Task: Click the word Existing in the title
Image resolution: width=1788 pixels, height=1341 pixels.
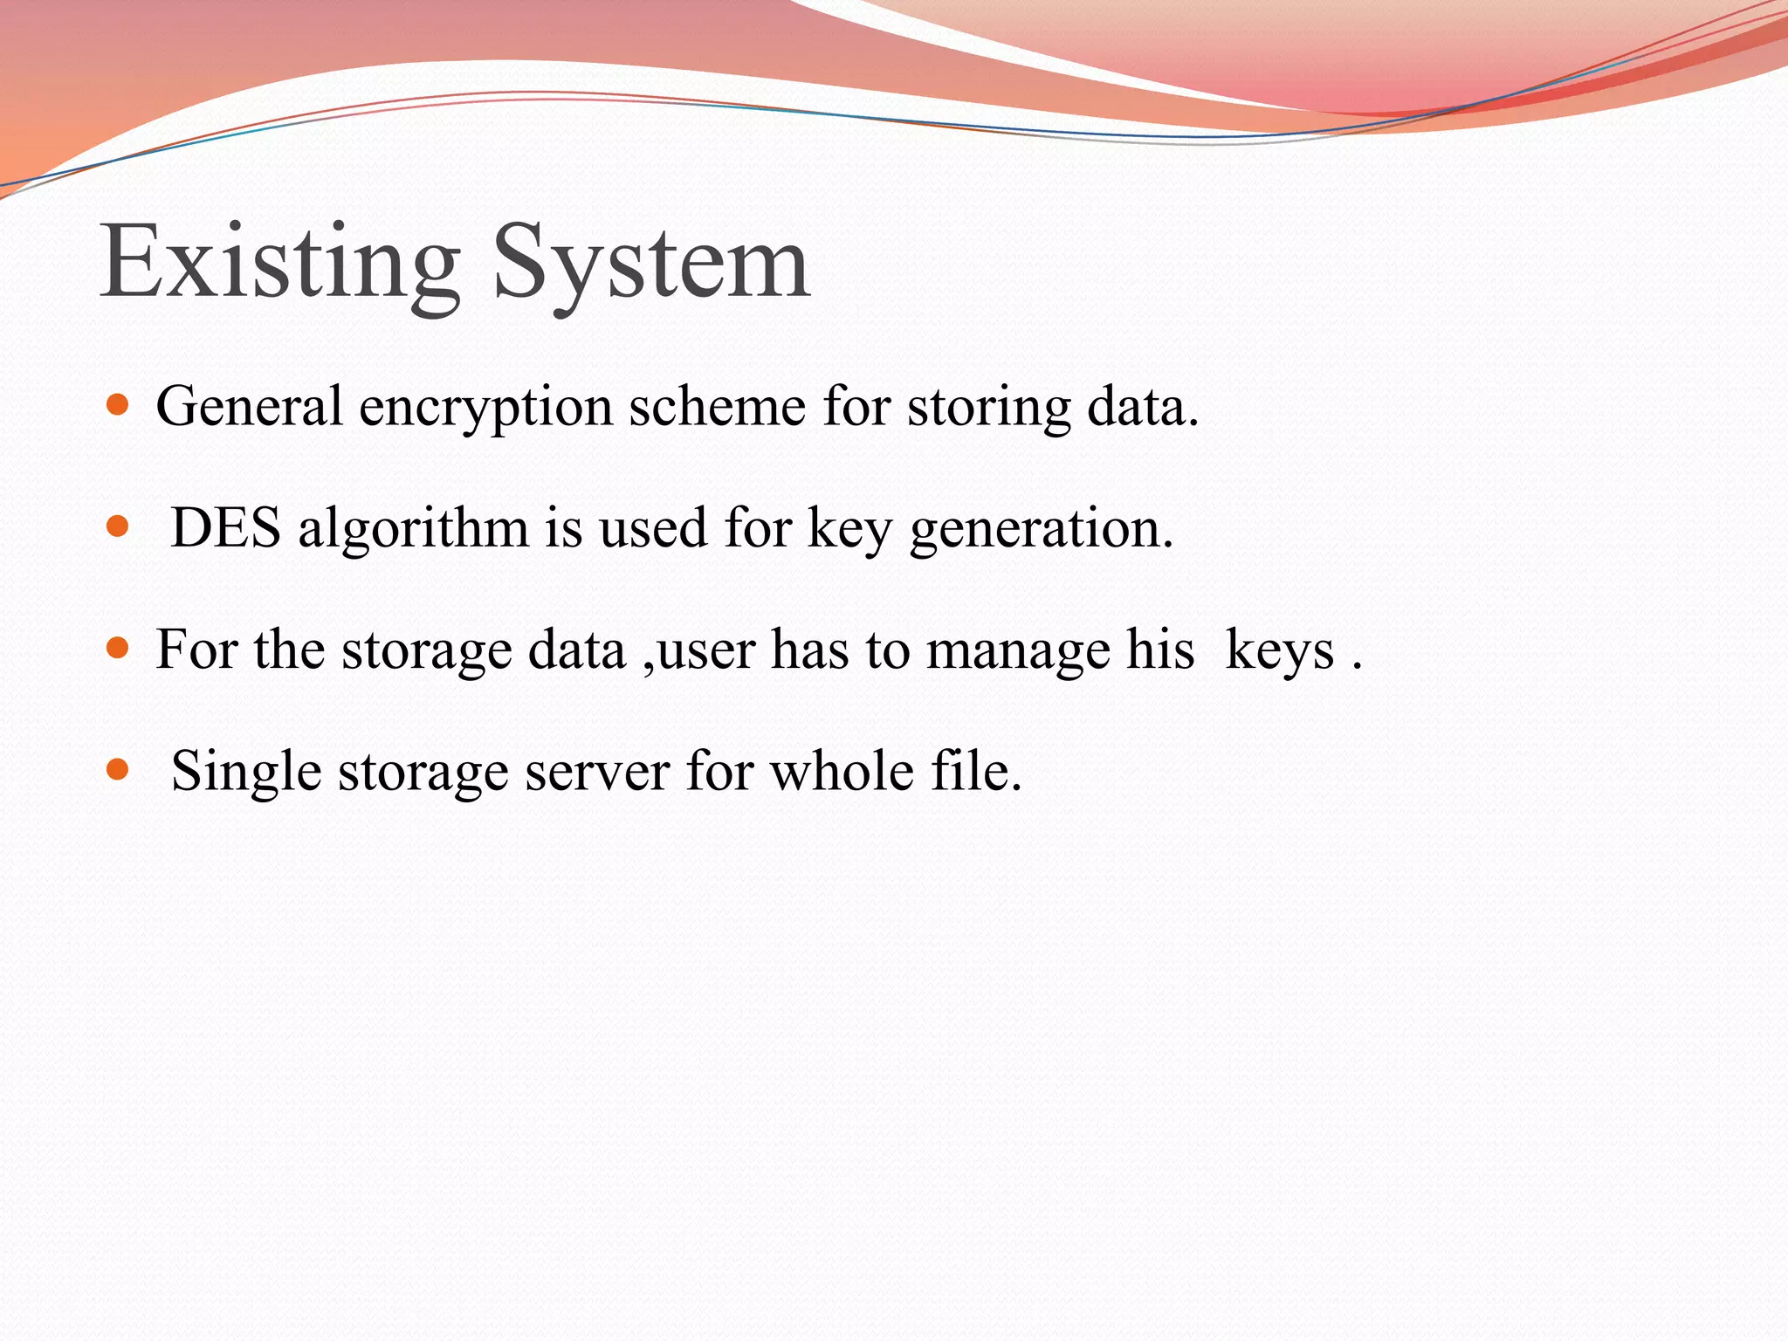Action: (280, 262)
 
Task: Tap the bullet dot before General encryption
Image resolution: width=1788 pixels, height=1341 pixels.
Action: (117, 405)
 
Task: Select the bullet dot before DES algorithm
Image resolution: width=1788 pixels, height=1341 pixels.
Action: (117, 526)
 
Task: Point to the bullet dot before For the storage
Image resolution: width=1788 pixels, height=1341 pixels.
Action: (117, 649)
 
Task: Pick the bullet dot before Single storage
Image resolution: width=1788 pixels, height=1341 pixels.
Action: (117, 770)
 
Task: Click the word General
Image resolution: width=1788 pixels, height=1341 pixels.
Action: (250, 407)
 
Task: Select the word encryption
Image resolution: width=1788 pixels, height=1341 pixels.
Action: (485, 409)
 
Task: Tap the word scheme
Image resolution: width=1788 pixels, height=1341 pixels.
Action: (717, 407)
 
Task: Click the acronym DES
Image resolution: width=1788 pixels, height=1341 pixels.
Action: (226, 528)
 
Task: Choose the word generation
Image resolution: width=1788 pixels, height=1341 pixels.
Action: (1041, 530)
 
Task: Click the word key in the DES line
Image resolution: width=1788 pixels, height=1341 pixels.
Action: (849, 530)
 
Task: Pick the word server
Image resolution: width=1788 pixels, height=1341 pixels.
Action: (597, 773)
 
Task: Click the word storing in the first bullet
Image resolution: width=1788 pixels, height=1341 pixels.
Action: (988, 409)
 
